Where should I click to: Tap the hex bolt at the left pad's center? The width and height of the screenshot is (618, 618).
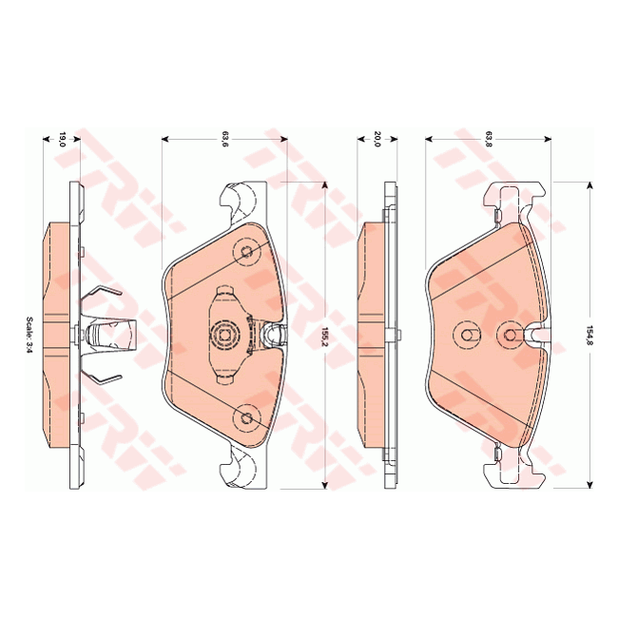point(224,334)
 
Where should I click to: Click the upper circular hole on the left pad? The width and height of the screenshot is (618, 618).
point(248,252)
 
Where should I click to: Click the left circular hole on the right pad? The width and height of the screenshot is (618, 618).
point(467,335)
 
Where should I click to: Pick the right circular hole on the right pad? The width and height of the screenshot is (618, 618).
point(510,335)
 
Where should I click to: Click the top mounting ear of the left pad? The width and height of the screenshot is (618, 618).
point(245,201)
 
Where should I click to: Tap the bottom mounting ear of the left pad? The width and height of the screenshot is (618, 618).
point(245,469)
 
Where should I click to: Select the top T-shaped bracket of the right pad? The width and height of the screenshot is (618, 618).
point(513,202)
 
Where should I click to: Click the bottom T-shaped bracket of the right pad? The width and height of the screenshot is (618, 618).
point(513,469)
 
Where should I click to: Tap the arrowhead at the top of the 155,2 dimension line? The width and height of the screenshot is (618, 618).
point(325,188)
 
